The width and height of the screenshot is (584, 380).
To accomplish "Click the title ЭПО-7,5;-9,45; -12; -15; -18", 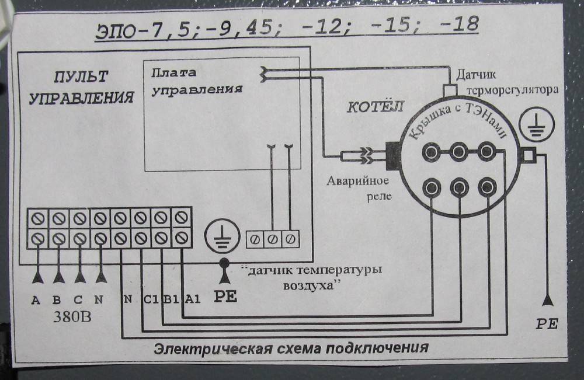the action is pos(287,27).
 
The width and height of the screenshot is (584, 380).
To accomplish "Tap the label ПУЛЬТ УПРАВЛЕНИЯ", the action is pos(81,87).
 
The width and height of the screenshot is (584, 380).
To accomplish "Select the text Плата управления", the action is pos(197,81).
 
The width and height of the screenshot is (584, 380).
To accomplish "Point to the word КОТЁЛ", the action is pos(375,107).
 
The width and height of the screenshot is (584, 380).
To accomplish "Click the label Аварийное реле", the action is pos(358,188).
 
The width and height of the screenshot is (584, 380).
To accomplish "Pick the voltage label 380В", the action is pos(72,317).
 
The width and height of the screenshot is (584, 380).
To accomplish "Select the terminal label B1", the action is pos(172,299).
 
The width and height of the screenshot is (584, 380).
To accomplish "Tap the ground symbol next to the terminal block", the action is pos(223,235).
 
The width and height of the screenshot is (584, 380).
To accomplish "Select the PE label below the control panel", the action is pos(225,297).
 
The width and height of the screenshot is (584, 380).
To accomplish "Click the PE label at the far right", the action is pos(547,324).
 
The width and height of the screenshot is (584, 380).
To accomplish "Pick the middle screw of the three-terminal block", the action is pos(273,239).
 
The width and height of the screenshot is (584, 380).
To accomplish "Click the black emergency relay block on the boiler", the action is pos(393,156).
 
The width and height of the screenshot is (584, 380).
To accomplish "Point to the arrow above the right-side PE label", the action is pos(547,299).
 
